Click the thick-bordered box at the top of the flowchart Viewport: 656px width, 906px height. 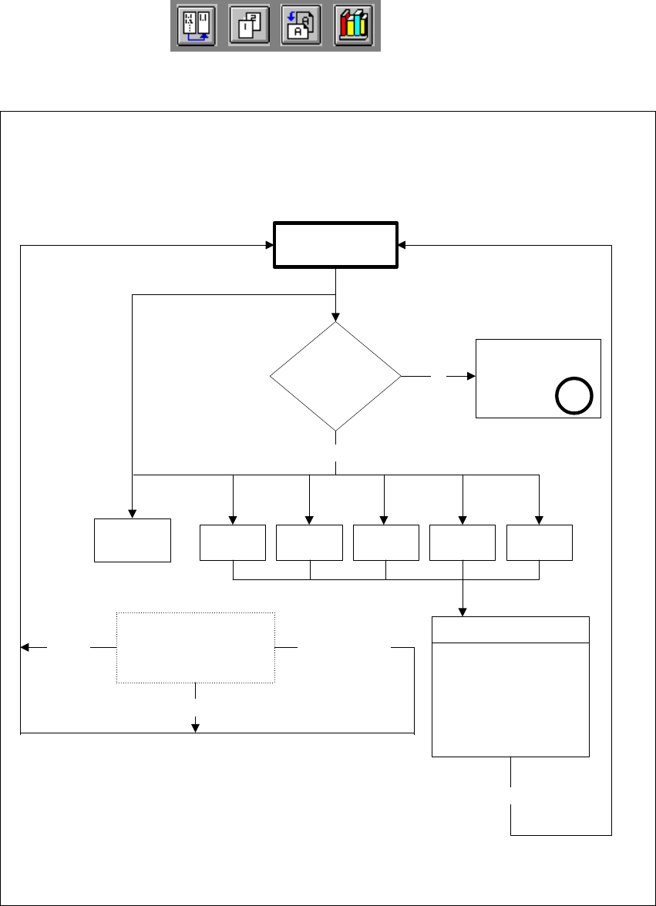[x=336, y=246]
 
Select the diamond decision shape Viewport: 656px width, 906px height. [x=336, y=376]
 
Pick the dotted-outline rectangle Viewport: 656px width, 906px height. [x=196, y=648]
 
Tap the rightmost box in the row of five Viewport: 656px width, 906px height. [x=539, y=542]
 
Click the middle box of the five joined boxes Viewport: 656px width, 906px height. [x=385, y=542]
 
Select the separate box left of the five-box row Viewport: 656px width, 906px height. [x=133, y=540]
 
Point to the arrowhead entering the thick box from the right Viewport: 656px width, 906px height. [x=403, y=246]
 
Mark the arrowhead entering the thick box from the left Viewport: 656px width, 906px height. [x=270, y=246]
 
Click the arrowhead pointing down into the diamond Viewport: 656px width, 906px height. [x=336, y=316]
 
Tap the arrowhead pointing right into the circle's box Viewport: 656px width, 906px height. [x=471, y=377]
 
